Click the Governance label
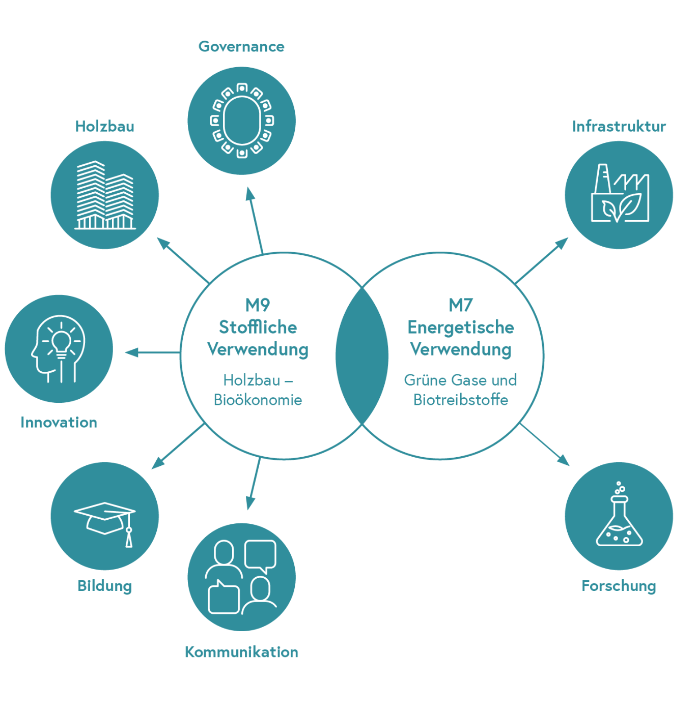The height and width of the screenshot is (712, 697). coord(241,47)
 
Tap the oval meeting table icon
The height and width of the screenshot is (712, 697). coord(242,121)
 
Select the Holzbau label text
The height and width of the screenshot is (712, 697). coord(105,127)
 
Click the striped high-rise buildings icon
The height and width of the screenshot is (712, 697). coord(105,195)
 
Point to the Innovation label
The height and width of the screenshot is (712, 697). coord(59,423)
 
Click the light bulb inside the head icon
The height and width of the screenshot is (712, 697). coord(62,340)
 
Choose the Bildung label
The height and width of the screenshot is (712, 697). coord(105,586)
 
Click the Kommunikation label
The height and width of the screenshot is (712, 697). coord(241,652)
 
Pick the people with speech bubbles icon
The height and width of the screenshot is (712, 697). coord(241,577)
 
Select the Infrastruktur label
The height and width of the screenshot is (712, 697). coord(619,127)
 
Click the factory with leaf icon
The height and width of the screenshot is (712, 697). coord(620,194)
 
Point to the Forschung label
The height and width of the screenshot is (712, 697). coord(619,586)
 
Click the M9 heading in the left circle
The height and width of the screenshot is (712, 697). coord(258,305)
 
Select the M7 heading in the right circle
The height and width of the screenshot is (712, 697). coord(461,305)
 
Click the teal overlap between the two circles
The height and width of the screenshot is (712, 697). coord(362,356)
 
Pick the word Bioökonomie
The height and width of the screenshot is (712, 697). coord(258,400)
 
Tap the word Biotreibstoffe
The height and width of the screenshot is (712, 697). coord(461,400)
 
